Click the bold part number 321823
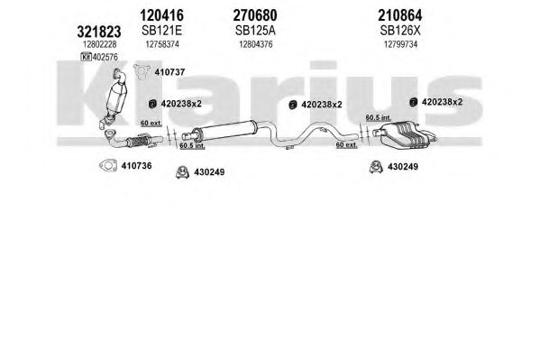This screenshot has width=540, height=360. point(99,32)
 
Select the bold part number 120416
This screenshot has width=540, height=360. point(161,15)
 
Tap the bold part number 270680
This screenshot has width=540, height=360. point(255,15)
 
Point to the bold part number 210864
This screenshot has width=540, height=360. point(400,15)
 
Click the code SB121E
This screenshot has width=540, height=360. point(161,31)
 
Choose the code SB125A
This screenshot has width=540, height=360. point(255,31)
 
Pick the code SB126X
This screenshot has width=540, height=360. point(400,31)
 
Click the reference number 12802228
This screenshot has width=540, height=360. point(99,44)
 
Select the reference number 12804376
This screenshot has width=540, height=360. point(256,44)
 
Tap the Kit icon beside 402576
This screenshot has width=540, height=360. point(86,57)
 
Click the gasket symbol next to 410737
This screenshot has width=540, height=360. point(142,71)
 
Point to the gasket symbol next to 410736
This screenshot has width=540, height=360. point(108,166)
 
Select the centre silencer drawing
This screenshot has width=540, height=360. point(224,130)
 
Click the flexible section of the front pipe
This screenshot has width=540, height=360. point(138,142)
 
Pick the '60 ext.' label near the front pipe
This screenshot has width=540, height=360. point(151,123)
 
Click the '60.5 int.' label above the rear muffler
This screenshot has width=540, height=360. point(379,117)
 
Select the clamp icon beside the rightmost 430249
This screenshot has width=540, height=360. point(376,167)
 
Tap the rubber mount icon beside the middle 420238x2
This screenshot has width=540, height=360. point(293,105)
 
